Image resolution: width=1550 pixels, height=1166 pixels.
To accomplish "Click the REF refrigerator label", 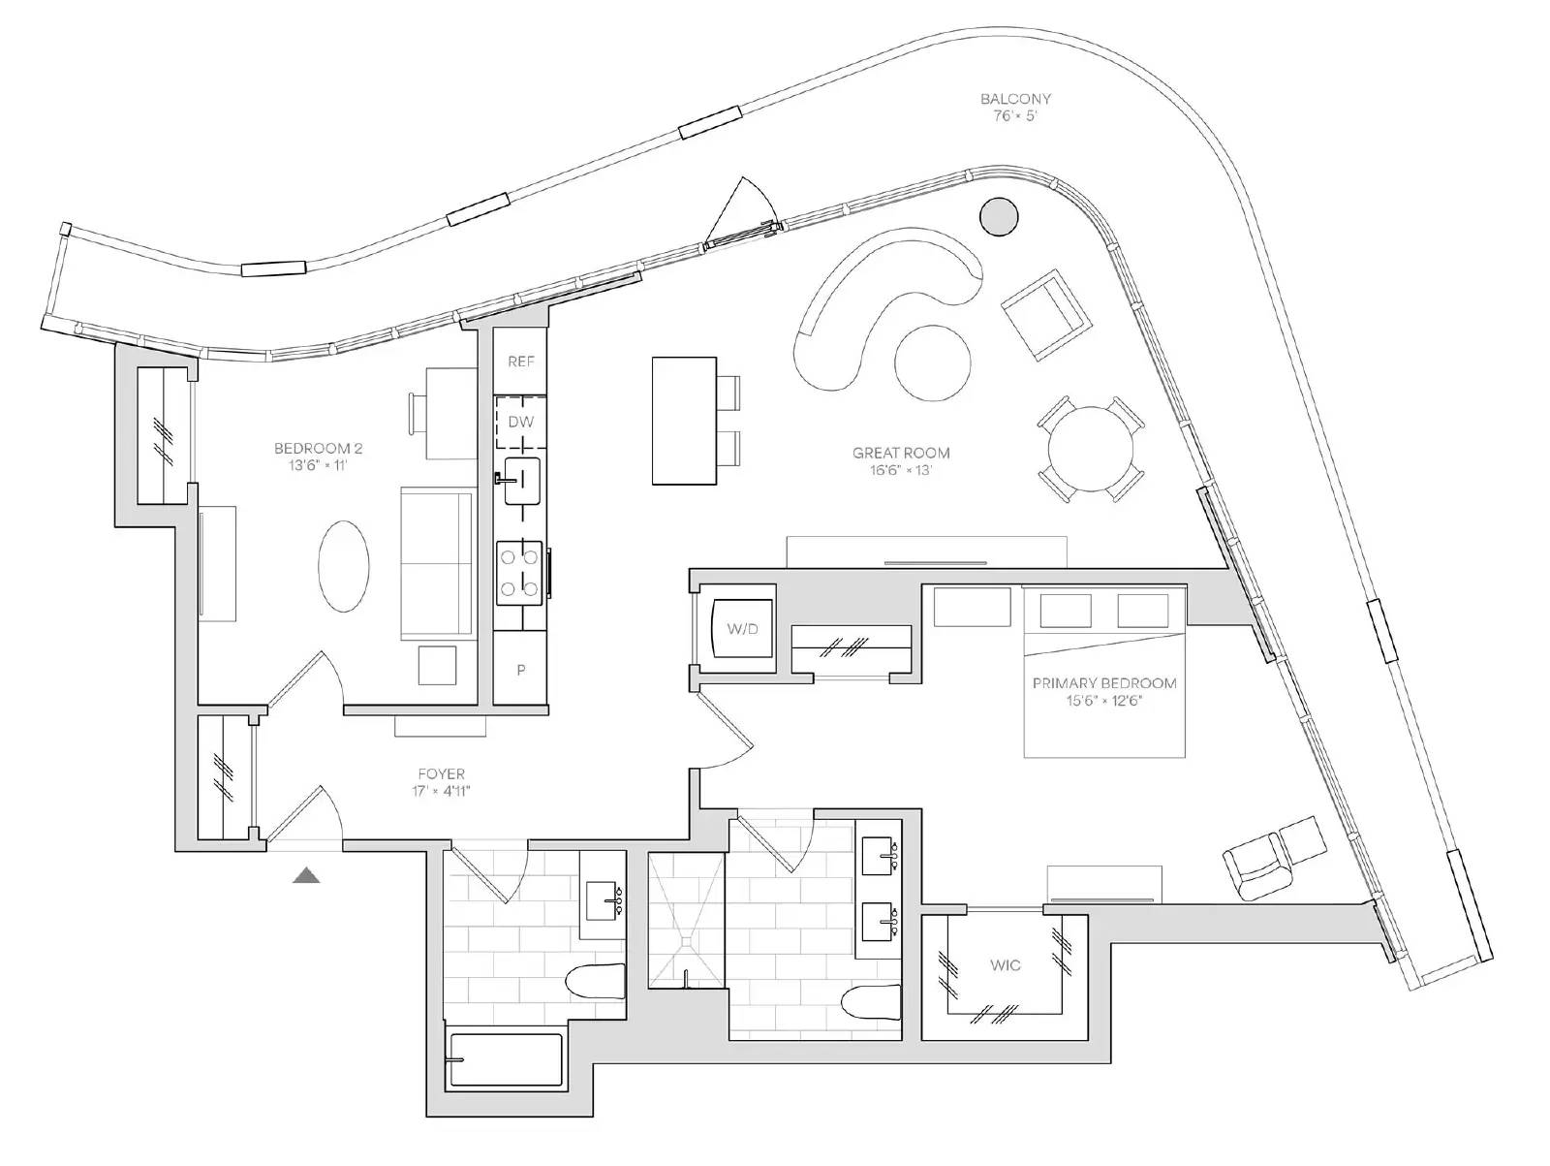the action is point(521,362).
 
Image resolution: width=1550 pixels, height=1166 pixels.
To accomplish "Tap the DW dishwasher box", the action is point(520,423).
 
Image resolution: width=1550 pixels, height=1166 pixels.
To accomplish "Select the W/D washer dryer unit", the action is point(742,627).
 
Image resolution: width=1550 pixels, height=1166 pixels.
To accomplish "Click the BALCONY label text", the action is point(1015,99).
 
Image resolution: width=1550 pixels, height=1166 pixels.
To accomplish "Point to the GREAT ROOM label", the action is point(901,453).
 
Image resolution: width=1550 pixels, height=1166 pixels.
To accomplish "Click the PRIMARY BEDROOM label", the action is point(1104,683).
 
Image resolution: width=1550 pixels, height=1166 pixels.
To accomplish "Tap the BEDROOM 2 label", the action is point(318,448).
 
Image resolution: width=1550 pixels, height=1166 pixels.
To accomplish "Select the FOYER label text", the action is point(442,774).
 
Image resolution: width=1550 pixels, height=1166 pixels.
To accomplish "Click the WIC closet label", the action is point(1005,964).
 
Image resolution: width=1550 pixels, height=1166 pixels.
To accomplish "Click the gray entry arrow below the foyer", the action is point(306,876).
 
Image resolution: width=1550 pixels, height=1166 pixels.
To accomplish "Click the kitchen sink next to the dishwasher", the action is point(522,482).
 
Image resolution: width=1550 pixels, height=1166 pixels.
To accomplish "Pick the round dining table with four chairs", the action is point(1091,449).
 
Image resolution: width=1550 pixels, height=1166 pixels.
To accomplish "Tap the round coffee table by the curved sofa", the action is point(932,362).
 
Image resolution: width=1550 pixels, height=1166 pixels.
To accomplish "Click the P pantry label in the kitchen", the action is point(520,670).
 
